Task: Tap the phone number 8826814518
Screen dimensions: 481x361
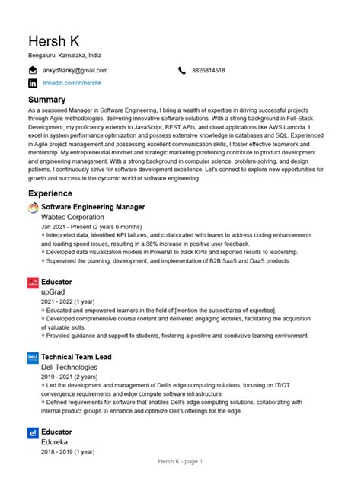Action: coord(208,70)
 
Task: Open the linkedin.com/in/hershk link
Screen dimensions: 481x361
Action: coord(72,81)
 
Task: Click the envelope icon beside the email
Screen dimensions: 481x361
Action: coord(33,70)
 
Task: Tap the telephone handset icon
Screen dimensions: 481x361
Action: coord(182,70)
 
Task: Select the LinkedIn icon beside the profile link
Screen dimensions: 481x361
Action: coord(33,81)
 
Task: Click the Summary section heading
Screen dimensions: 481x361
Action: coord(46,100)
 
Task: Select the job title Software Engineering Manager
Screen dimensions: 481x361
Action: coord(93,207)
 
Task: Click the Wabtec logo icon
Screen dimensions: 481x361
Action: coord(33,208)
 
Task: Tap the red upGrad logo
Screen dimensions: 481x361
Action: coord(33,282)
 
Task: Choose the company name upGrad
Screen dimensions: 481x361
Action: coord(54,291)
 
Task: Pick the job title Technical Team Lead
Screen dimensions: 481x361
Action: coord(76,356)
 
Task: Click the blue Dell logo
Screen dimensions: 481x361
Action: coord(33,357)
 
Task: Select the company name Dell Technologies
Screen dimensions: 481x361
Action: coord(69,367)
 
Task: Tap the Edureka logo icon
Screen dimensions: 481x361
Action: coord(33,432)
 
